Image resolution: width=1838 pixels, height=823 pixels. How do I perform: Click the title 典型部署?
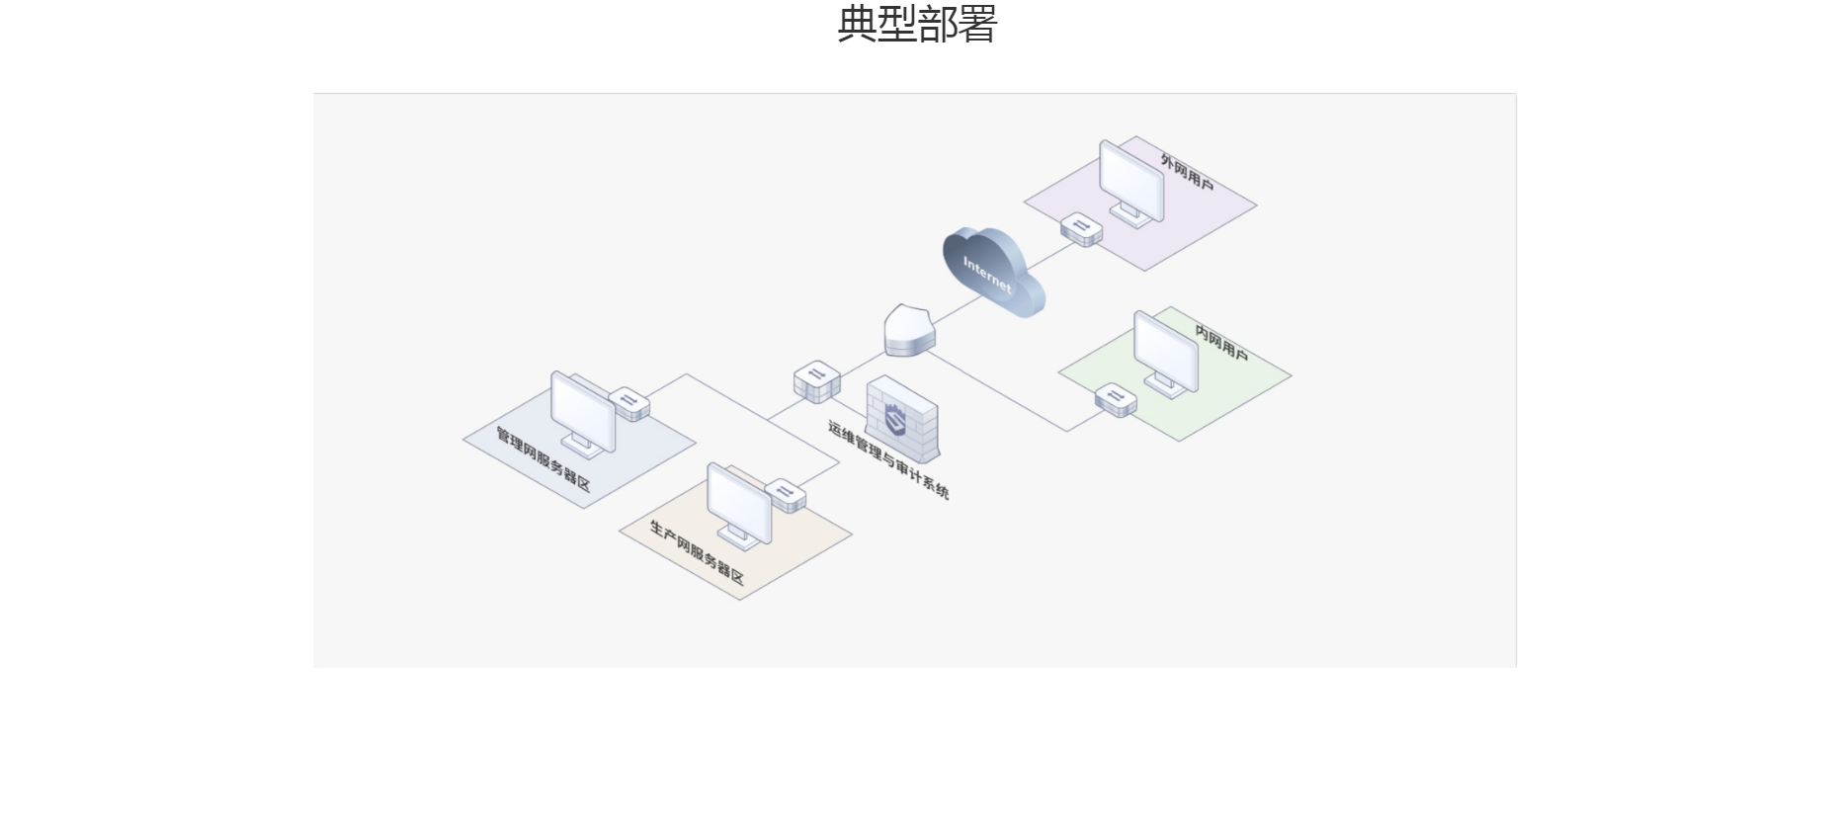point(917,24)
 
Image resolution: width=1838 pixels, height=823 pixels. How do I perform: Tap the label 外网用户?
point(1187,172)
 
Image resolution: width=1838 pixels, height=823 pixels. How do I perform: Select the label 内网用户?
point(1221,343)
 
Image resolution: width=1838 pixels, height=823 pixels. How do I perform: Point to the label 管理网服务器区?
point(543,459)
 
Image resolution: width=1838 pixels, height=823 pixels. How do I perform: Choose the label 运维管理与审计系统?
point(888,460)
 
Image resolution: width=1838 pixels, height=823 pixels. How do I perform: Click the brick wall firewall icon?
point(902,420)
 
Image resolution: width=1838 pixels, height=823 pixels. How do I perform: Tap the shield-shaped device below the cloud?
point(909,330)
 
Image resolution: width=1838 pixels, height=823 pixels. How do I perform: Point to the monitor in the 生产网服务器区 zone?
point(739,505)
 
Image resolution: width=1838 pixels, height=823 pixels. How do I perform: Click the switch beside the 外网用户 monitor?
point(1081,229)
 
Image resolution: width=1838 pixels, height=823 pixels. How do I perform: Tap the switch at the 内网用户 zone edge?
point(1116,399)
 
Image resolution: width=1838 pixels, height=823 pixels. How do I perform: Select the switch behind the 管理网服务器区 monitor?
point(629,404)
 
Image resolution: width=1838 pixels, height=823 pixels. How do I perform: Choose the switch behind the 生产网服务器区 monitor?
point(786,495)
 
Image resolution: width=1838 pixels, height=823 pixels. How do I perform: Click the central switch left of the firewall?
point(817,381)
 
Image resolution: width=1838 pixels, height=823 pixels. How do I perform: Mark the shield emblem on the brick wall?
point(895,420)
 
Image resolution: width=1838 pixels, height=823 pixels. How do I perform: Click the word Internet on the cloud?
point(987,274)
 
